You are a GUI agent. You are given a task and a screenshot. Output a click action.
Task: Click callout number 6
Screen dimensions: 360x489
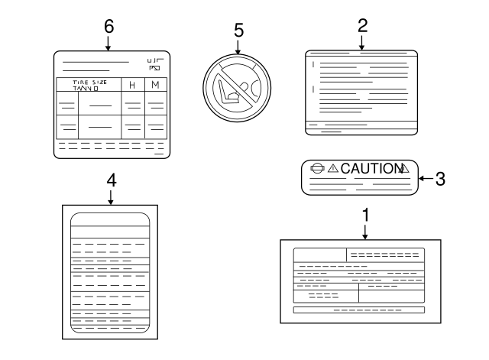coord(108,25)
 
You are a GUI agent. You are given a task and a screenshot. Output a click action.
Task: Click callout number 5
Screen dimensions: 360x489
coord(238,31)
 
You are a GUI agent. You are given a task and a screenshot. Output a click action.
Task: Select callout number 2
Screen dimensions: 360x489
coord(363,24)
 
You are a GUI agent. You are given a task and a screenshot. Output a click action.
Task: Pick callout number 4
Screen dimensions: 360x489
coord(111,180)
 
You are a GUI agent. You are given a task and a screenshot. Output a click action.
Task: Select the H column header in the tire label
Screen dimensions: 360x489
coord(132,85)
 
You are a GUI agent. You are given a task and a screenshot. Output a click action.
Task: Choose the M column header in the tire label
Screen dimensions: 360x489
coord(155,85)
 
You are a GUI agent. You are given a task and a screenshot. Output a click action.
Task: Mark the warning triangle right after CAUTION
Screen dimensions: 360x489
coord(405,169)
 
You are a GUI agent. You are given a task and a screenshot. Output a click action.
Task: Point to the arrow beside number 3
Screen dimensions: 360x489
coord(425,179)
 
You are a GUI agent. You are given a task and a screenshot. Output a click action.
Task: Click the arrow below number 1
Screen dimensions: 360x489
coord(365,232)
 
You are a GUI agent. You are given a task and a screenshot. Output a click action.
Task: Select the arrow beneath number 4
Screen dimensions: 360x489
coord(111,197)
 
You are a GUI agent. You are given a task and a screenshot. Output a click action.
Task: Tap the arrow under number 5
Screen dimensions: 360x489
coord(238,49)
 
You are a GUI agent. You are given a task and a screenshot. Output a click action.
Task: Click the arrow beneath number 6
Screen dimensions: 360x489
coord(108,43)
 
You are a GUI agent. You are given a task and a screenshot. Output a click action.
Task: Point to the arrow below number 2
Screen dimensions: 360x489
coord(363,42)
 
